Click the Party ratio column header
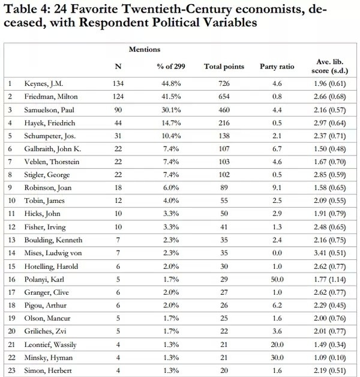[277, 67]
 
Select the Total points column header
[224, 67]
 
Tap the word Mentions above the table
[145, 49]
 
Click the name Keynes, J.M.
[43, 83]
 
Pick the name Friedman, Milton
[51, 97]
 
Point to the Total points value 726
[224, 83]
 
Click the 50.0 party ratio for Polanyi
[277, 279]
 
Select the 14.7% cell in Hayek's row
[171, 123]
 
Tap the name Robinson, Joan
[48, 188]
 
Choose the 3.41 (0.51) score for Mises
[330, 253]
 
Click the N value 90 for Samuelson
[118, 110]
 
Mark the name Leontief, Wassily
[50, 345]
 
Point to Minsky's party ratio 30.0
[277, 358]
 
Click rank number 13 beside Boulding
[11, 240]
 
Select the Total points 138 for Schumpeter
[224, 136]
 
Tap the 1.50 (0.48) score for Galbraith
[330, 149]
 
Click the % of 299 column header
[171, 67]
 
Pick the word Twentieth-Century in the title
[177, 9]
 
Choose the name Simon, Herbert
[48, 371]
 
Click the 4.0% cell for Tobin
[171, 201]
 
